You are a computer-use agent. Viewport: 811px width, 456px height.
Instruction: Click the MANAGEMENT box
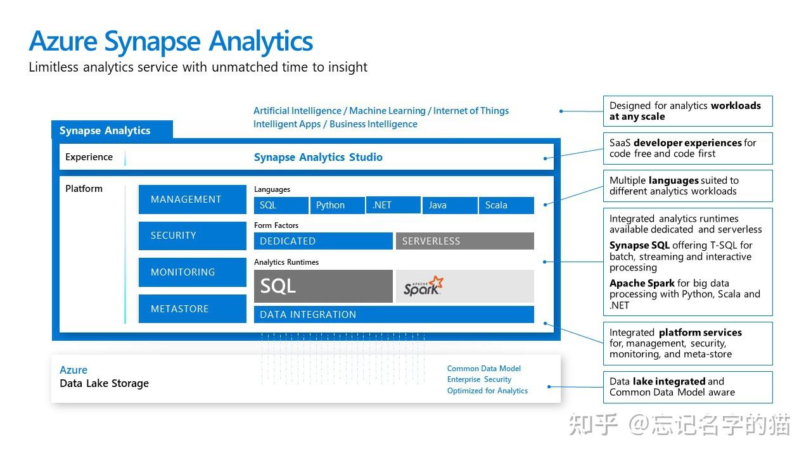point(192,199)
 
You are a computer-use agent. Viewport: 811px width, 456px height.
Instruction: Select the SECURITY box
point(192,236)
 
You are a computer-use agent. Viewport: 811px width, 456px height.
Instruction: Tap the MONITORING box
point(192,272)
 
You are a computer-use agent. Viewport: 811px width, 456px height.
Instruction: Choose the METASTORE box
point(192,309)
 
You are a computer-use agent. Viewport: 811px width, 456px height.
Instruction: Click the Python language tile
point(336,205)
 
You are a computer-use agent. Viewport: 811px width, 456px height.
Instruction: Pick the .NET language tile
point(393,205)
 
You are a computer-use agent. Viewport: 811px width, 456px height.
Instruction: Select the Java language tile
point(449,205)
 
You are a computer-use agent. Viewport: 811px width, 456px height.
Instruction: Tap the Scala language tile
point(506,205)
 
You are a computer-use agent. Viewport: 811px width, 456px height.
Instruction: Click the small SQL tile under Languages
point(281,205)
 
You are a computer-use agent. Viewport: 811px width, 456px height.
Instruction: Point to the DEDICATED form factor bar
point(323,241)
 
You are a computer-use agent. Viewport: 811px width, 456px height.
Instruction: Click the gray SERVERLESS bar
point(464,241)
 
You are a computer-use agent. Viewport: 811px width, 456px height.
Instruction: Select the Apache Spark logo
point(424,286)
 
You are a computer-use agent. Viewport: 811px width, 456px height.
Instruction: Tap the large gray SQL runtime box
point(323,286)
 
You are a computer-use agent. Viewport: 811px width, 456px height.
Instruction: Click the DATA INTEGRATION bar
point(393,315)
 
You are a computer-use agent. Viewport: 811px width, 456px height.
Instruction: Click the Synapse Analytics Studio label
point(318,157)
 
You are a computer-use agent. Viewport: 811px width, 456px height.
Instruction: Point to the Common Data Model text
point(483,369)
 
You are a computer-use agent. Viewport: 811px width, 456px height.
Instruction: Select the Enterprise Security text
point(479,379)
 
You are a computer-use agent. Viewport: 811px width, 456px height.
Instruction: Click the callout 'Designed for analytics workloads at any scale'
point(687,111)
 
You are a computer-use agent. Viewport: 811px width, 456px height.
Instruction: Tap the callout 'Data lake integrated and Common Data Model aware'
point(687,387)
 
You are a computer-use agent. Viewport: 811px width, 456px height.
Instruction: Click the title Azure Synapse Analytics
point(171,41)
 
